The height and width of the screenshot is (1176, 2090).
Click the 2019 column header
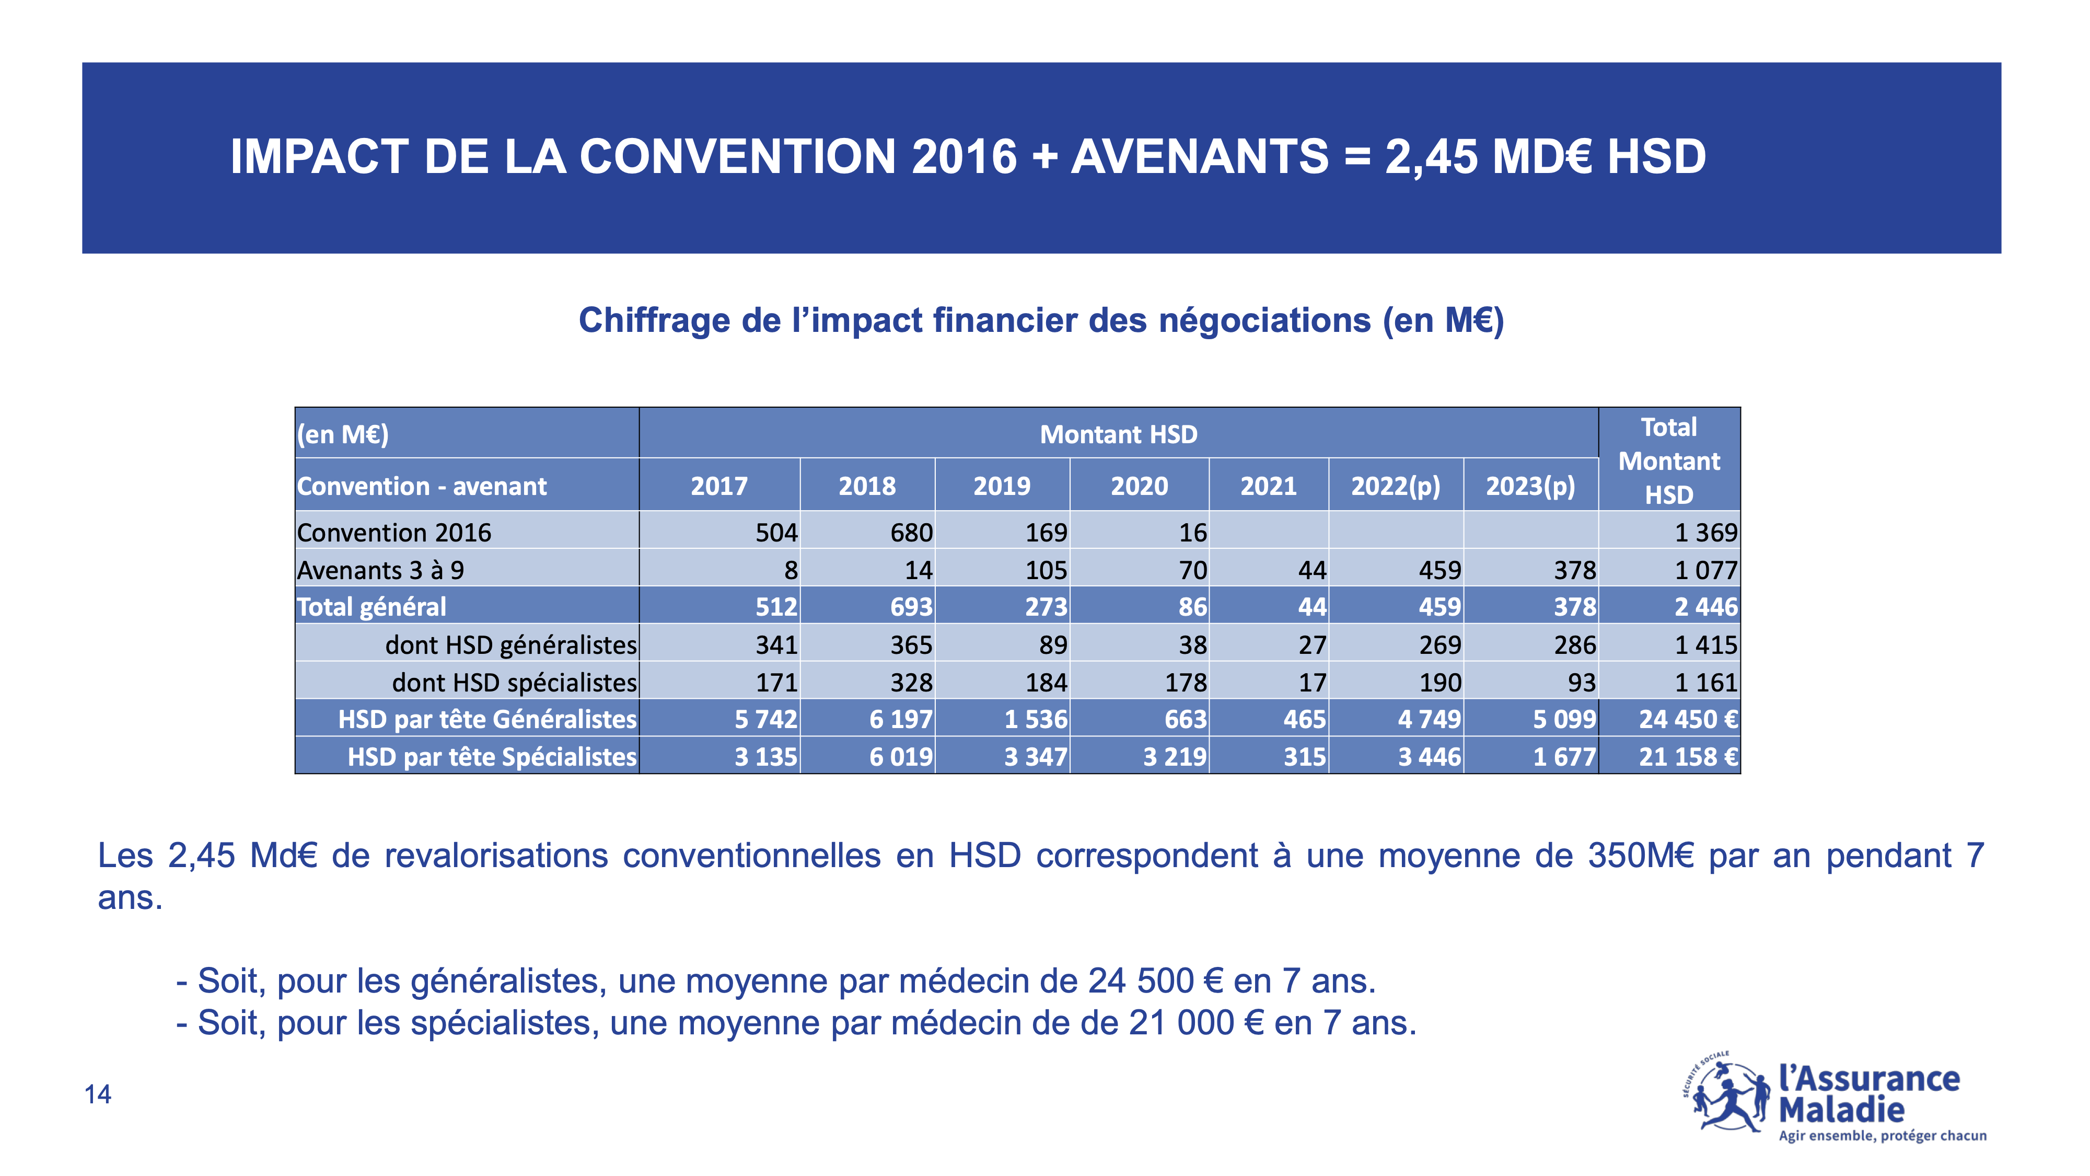[x=1002, y=486]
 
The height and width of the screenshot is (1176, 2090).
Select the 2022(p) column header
[x=1396, y=486]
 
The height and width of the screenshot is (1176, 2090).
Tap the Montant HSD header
[x=1119, y=434]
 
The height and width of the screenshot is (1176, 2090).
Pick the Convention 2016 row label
[x=394, y=533]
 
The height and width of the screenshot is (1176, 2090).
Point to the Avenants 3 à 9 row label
[x=380, y=570]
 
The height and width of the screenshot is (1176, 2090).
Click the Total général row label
[x=371, y=606]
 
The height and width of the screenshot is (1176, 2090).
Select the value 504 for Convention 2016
[x=776, y=533]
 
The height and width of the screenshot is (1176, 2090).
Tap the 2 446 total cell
[x=1706, y=606]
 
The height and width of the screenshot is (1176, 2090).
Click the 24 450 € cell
[x=1688, y=719]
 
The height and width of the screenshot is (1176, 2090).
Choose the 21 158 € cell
[x=1688, y=756]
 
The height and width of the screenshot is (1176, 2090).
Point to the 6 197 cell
[x=901, y=719]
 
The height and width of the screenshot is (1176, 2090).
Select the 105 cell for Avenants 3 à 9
[x=1046, y=570]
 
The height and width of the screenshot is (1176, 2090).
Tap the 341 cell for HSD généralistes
[x=776, y=644]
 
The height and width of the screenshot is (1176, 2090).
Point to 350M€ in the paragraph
[x=1641, y=856]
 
